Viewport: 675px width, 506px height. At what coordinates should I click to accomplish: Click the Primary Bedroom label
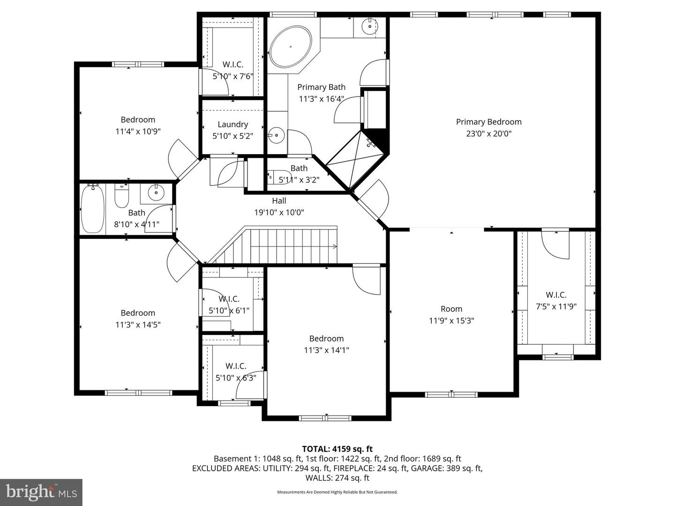488,122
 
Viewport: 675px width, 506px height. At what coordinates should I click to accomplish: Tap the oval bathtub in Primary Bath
291,46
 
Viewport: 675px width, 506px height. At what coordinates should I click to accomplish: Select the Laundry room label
232,124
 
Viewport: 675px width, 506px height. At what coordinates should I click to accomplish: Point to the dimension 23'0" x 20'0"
488,134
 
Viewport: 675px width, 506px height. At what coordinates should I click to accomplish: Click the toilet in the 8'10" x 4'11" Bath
122,197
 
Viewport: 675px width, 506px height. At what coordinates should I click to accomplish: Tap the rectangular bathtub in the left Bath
93,208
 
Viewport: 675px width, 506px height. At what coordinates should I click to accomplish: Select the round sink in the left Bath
155,192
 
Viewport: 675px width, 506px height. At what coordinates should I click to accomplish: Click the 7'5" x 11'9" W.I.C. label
556,295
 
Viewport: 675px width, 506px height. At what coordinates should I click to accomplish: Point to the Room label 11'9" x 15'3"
451,309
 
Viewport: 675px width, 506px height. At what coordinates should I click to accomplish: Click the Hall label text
279,201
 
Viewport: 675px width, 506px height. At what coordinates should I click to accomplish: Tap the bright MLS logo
41,492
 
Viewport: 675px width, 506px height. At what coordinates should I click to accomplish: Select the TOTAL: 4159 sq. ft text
337,449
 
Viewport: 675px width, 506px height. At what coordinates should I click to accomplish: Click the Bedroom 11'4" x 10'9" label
138,119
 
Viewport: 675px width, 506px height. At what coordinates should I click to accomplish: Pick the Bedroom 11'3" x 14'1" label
326,338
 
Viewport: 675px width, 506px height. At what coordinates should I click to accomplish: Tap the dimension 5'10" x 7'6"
233,76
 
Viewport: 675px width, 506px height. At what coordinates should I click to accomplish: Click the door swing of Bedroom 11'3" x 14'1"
366,281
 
